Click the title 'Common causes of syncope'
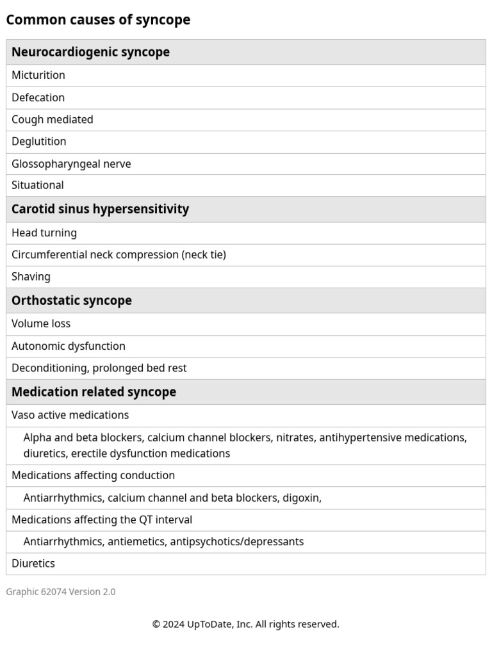[x=98, y=20]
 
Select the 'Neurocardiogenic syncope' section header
[x=90, y=52]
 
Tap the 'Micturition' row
[x=38, y=75]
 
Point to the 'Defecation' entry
[x=38, y=97]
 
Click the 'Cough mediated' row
[x=52, y=119]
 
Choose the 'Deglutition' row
[x=38, y=141]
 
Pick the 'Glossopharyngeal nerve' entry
[x=71, y=164]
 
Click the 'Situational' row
[x=37, y=185]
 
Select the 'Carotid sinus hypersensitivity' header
[x=100, y=209]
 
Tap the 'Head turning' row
[x=44, y=233]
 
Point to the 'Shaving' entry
[x=31, y=277]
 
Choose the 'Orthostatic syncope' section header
[x=71, y=300]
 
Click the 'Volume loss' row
[x=41, y=324]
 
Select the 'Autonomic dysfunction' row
[x=69, y=346]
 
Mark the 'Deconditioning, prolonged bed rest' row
[x=99, y=368]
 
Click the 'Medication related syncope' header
[x=94, y=391]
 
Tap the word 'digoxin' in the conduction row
[x=300, y=498]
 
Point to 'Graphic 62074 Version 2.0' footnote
[x=61, y=592]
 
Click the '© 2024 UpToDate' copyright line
[x=245, y=624]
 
